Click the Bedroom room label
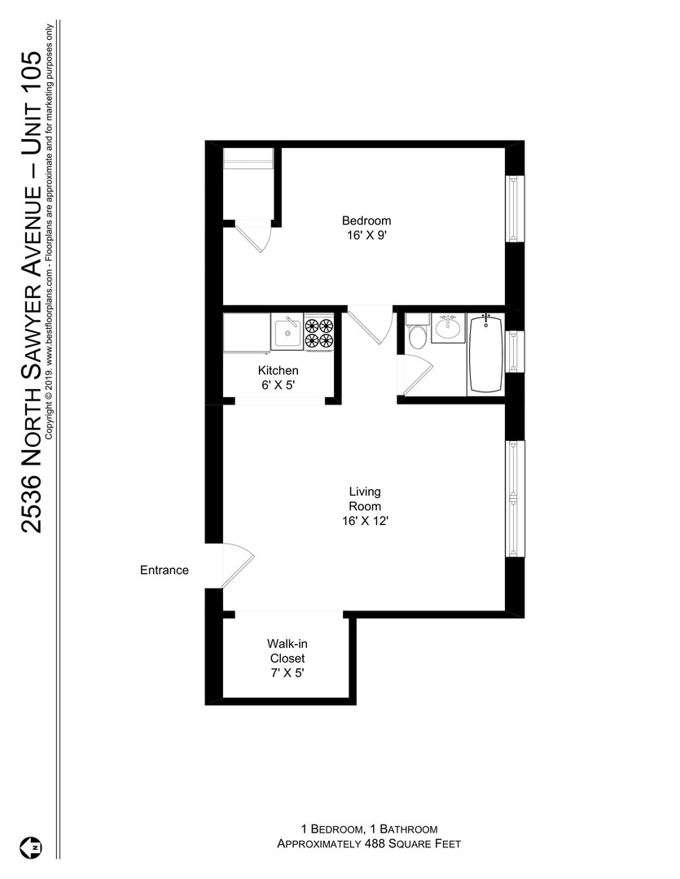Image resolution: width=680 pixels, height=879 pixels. pos(366,221)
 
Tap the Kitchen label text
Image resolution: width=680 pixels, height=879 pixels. pos(278,370)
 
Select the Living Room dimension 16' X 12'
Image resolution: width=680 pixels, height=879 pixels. pos(366,521)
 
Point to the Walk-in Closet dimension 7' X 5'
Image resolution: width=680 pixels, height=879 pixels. pos(287,673)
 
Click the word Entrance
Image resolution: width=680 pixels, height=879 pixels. pos(165,570)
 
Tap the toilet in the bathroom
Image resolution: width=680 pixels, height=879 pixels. pos(418,332)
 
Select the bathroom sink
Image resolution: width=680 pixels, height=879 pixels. pos(448,327)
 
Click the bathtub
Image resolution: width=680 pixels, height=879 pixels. pos(486,354)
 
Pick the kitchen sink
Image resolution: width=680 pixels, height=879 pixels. pos(287,332)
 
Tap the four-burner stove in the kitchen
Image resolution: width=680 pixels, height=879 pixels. pos(318,332)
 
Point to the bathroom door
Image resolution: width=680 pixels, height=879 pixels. pos(415,374)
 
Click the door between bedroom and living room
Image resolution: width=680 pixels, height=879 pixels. pos(370,325)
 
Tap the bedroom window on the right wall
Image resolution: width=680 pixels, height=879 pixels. pos(514,208)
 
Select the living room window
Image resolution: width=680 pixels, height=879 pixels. pos(514,498)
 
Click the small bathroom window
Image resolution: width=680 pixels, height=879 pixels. pos(514,352)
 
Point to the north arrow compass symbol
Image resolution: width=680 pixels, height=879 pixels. pos(32,847)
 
